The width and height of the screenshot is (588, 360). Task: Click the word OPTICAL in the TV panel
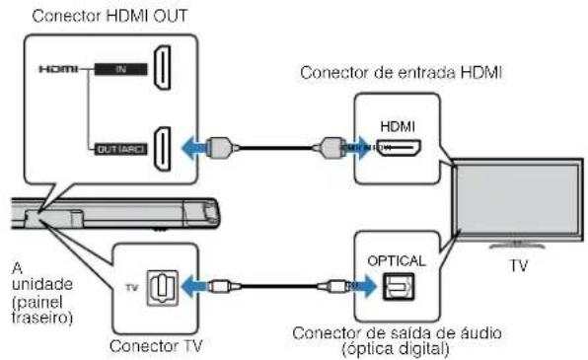point(397,260)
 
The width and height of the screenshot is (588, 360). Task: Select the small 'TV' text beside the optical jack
point(128,287)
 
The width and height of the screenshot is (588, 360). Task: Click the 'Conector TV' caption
point(150,346)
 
